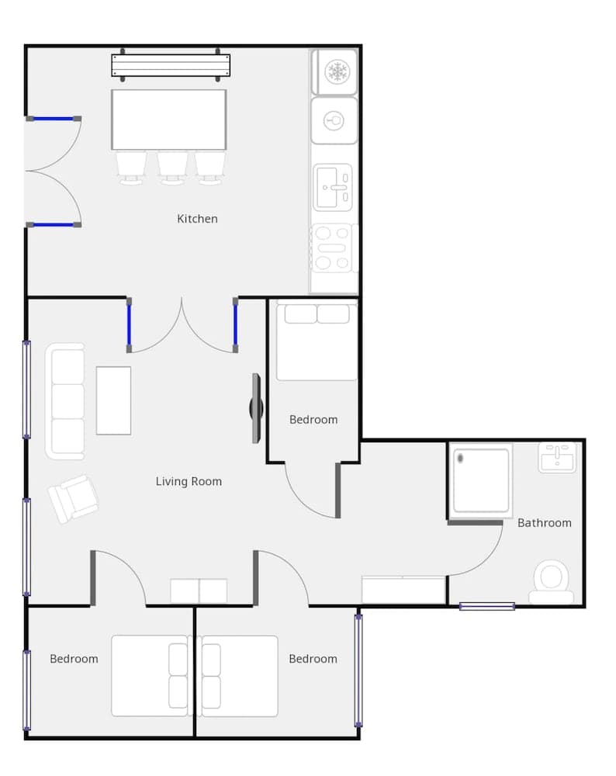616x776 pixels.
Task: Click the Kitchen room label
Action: click(x=197, y=219)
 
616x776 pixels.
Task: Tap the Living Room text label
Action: click(x=189, y=482)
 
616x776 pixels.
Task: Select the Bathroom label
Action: click(x=544, y=523)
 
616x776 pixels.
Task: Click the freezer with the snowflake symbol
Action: click(x=335, y=72)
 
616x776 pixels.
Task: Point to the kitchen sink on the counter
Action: click(x=334, y=187)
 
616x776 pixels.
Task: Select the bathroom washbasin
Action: click(x=557, y=457)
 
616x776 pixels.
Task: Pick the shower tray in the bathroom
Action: click(x=481, y=480)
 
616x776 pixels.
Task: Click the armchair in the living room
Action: click(x=73, y=498)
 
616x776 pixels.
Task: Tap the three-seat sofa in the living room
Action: click(x=65, y=401)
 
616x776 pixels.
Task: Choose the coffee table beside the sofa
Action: click(x=113, y=400)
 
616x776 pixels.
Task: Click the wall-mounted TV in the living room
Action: click(x=256, y=408)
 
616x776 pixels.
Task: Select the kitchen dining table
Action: click(x=169, y=120)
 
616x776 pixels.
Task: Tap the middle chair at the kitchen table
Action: click(x=172, y=167)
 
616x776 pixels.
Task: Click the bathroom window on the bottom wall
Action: click(x=486, y=606)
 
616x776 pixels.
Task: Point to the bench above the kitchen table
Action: click(x=171, y=65)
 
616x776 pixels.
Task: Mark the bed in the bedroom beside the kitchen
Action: click(x=317, y=341)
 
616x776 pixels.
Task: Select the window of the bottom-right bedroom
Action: click(x=358, y=670)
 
